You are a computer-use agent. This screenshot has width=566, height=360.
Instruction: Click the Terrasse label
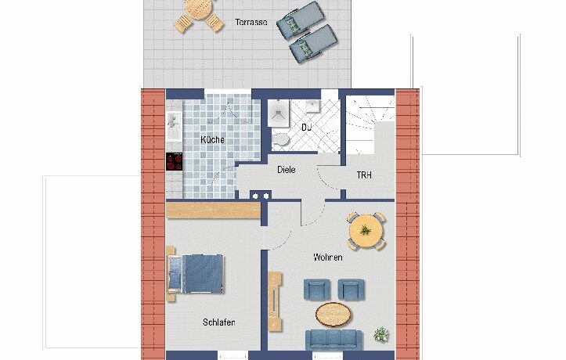click(x=251, y=22)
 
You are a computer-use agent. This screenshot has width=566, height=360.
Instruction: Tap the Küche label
click(x=212, y=139)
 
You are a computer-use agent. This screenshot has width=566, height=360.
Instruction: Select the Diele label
click(x=287, y=169)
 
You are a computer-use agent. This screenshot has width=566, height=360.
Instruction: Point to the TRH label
click(x=364, y=175)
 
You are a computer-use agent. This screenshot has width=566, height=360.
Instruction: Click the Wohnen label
click(x=328, y=257)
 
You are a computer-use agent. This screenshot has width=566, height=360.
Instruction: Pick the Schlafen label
click(x=218, y=322)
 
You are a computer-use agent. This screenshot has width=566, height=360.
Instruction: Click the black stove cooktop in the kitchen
click(x=175, y=161)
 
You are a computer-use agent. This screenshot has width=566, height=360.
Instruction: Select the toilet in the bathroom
click(x=280, y=139)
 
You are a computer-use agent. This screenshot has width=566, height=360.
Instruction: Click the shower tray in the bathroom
click(x=279, y=113)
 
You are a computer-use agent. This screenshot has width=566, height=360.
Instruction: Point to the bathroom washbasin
click(x=311, y=106)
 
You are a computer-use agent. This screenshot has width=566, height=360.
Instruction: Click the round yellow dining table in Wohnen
click(x=366, y=231)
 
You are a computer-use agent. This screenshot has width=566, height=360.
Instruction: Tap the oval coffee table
click(x=333, y=314)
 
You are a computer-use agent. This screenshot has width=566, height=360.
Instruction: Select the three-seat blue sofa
click(x=333, y=339)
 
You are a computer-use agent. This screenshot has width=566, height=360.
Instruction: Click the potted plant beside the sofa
click(x=381, y=334)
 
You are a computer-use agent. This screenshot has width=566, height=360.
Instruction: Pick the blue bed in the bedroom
click(x=195, y=273)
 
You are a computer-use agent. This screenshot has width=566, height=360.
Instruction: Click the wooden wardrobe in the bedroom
click(x=214, y=211)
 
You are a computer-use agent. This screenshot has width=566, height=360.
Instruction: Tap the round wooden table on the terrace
click(x=196, y=9)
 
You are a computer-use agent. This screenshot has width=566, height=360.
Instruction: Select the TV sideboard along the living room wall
click(x=275, y=301)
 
